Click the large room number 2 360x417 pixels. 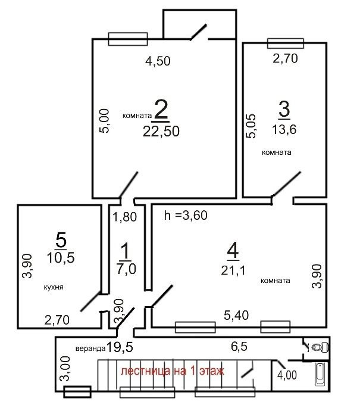(x=161, y=109)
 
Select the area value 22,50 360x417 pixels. (x=161, y=131)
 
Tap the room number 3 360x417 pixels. (x=284, y=109)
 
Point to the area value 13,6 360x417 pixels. (x=284, y=129)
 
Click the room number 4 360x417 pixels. (x=233, y=251)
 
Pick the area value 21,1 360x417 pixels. (x=233, y=270)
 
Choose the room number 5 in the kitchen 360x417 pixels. (x=61, y=240)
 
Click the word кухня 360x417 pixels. (x=54, y=287)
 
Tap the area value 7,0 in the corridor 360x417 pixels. (x=126, y=268)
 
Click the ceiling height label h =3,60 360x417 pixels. (x=186, y=215)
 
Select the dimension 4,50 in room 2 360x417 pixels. (x=158, y=61)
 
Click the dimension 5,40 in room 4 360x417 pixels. (x=236, y=315)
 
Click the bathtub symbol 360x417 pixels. (x=320, y=375)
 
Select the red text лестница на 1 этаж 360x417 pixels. (x=173, y=371)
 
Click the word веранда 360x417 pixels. (x=90, y=348)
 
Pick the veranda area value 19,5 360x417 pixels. (x=120, y=347)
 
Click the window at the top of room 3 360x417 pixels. (x=286, y=43)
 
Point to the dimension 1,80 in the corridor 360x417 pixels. (x=124, y=217)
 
